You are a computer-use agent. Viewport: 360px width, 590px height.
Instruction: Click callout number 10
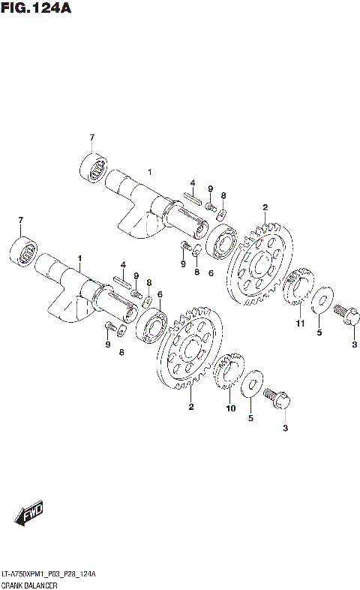pyautogui.click(x=231, y=408)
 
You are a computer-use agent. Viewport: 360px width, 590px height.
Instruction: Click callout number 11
pyautogui.click(x=299, y=324)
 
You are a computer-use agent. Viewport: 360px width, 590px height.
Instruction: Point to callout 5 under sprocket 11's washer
pyautogui.click(x=319, y=333)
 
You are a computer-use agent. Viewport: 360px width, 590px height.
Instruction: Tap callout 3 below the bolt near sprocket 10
pyautogui.click(x=284, y=428)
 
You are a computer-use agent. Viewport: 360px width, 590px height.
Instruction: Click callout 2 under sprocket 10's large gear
pyautogui.click(x=191, y=407)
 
